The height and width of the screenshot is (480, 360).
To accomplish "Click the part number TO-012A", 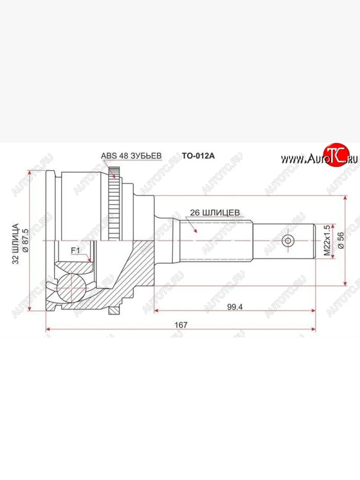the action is click(198, 156).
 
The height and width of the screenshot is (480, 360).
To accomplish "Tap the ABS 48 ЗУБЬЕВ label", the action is click(131, 156).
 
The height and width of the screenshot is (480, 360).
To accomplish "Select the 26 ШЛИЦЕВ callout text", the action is click(215, 212).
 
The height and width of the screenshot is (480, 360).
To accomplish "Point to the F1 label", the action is click(76, 251).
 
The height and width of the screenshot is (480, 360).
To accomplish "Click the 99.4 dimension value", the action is click(235, 307).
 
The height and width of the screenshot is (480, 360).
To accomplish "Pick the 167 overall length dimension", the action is click(181, 325).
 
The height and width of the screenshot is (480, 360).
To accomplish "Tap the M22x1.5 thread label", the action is click(327, 240).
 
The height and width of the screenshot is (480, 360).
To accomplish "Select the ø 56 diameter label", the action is click(341, 240).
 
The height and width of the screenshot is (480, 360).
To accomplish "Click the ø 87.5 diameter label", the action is click(25, 240).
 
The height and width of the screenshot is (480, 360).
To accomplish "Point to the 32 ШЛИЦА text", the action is click(16, 244).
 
